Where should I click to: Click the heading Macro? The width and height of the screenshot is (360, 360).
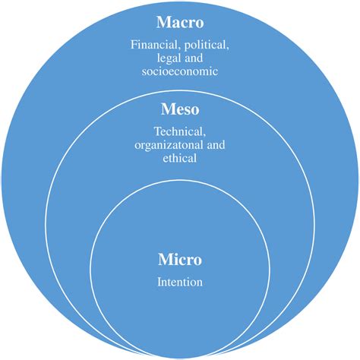(180, 21)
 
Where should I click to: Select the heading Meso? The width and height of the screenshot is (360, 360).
(180, 111)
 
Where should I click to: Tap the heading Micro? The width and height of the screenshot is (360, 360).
(179, 260)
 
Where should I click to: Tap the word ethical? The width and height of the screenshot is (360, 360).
(180, 159)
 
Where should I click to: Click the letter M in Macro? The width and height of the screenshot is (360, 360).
(162, 21)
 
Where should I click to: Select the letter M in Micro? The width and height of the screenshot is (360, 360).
(164, 260)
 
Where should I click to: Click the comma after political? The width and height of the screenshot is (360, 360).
(229, 49)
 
